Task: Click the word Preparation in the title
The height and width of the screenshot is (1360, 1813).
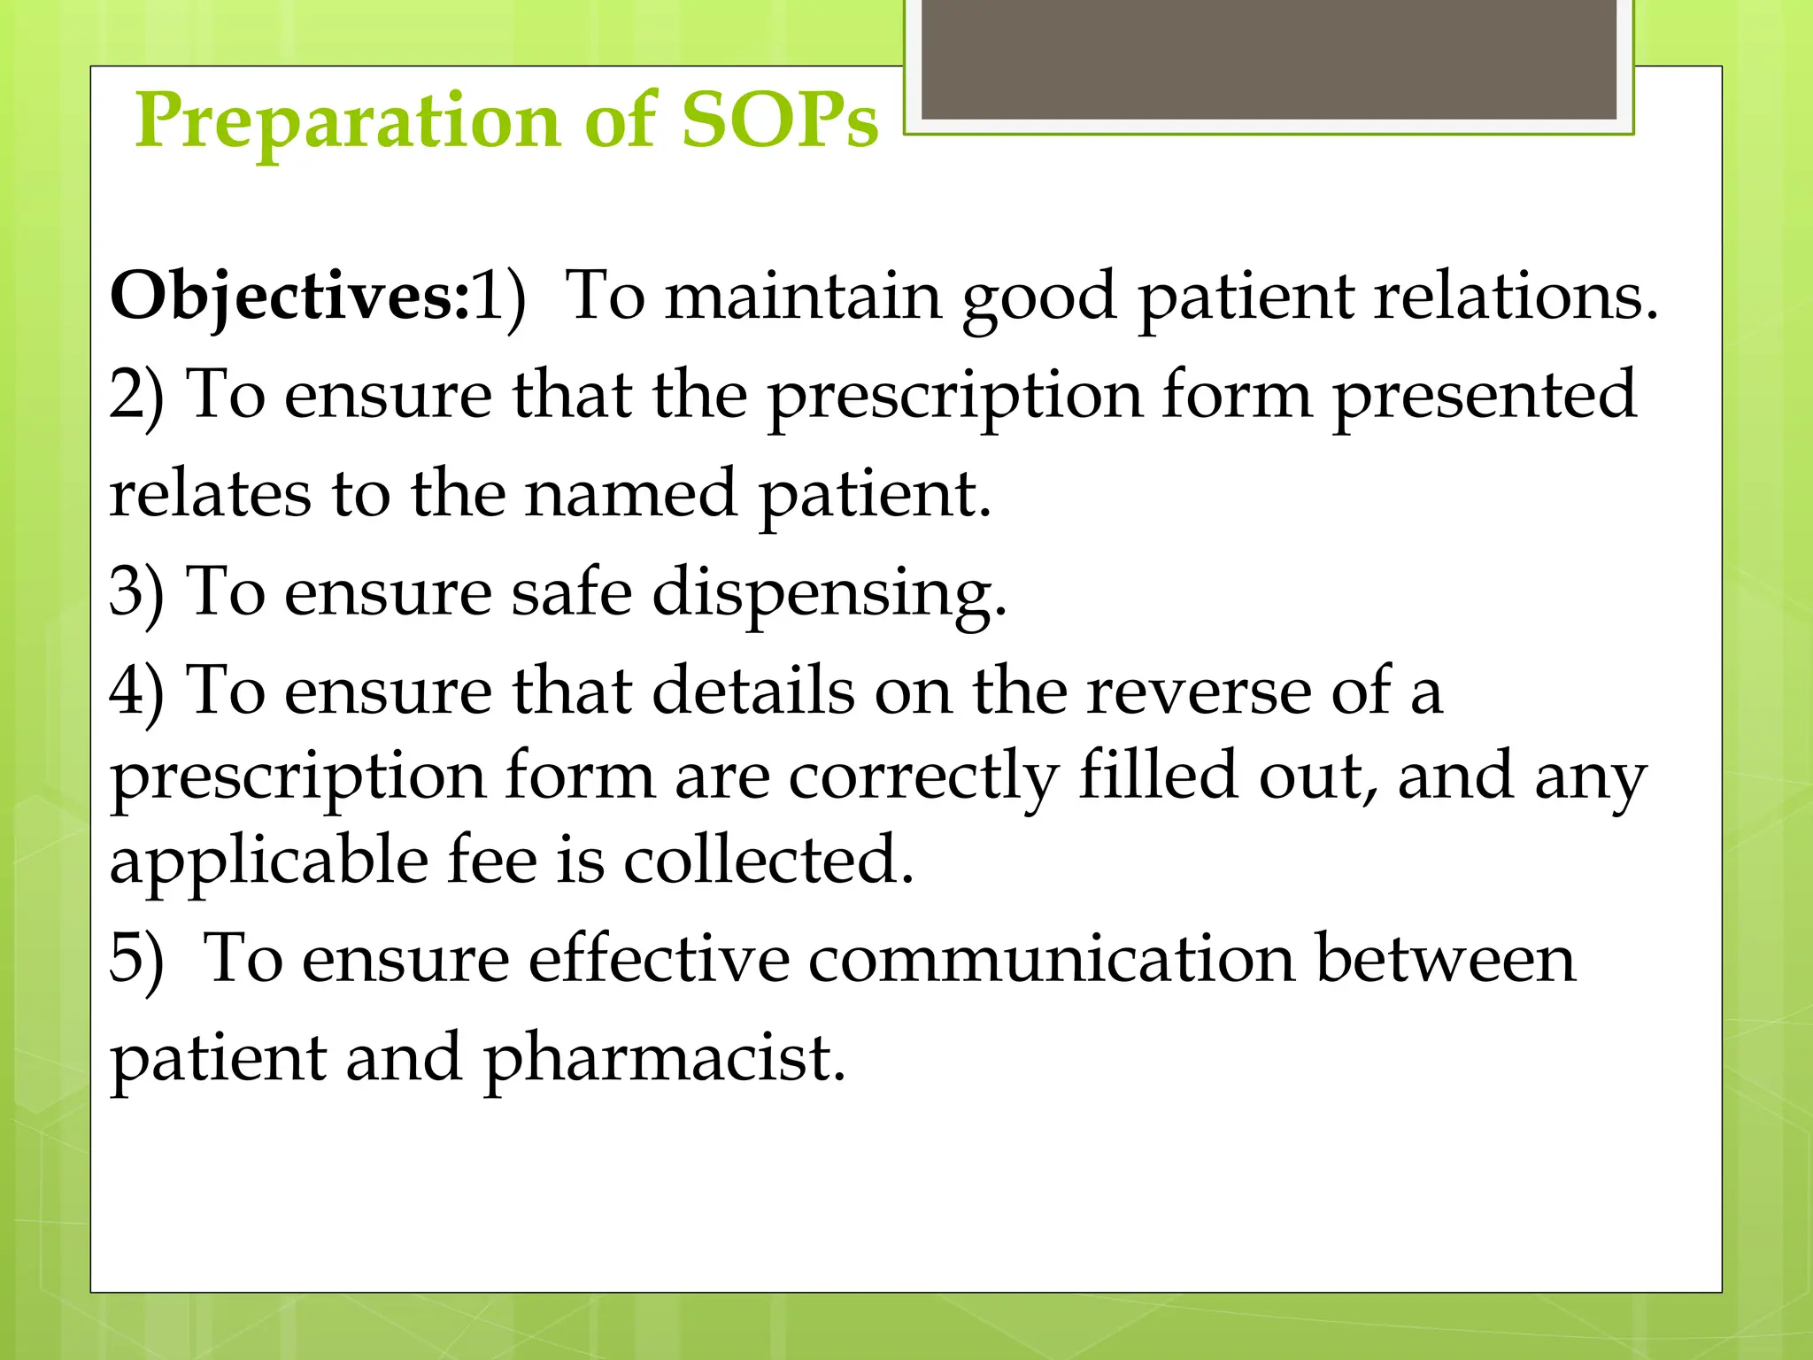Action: coord(347,121)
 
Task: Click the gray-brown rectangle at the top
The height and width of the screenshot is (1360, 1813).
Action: coord(1269,59)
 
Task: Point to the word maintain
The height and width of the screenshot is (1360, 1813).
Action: coord(803,295)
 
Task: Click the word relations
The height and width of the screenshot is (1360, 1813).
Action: coord(1516,295)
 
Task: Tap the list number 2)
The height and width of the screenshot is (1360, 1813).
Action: coord(136,395)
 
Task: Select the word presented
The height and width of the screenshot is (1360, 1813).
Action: coord(1484,395)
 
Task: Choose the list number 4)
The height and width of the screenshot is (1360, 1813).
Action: coord(136,690)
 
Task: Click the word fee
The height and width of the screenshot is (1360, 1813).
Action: coord(491,860)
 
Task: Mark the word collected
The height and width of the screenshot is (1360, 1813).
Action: coord(768,860)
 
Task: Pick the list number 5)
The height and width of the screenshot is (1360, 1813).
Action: coord(136,958)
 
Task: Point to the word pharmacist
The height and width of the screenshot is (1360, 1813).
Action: coord(664,1058)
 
